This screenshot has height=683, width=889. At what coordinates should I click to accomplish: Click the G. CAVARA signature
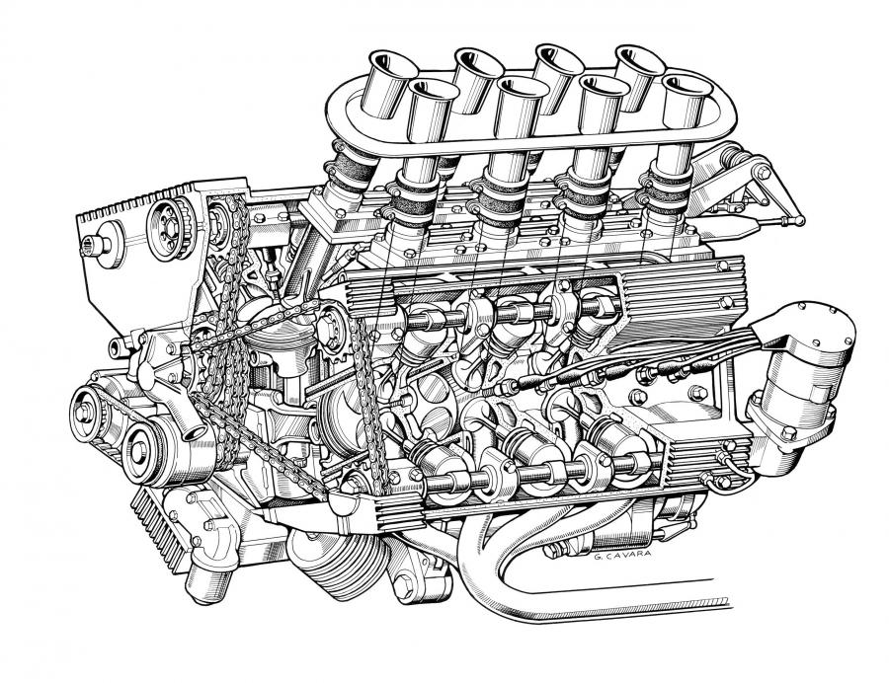pos(622,556)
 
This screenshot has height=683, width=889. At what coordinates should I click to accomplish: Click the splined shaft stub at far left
pos(97,245)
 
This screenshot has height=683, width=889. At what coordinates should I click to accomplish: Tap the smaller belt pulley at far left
pos(85,414)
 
